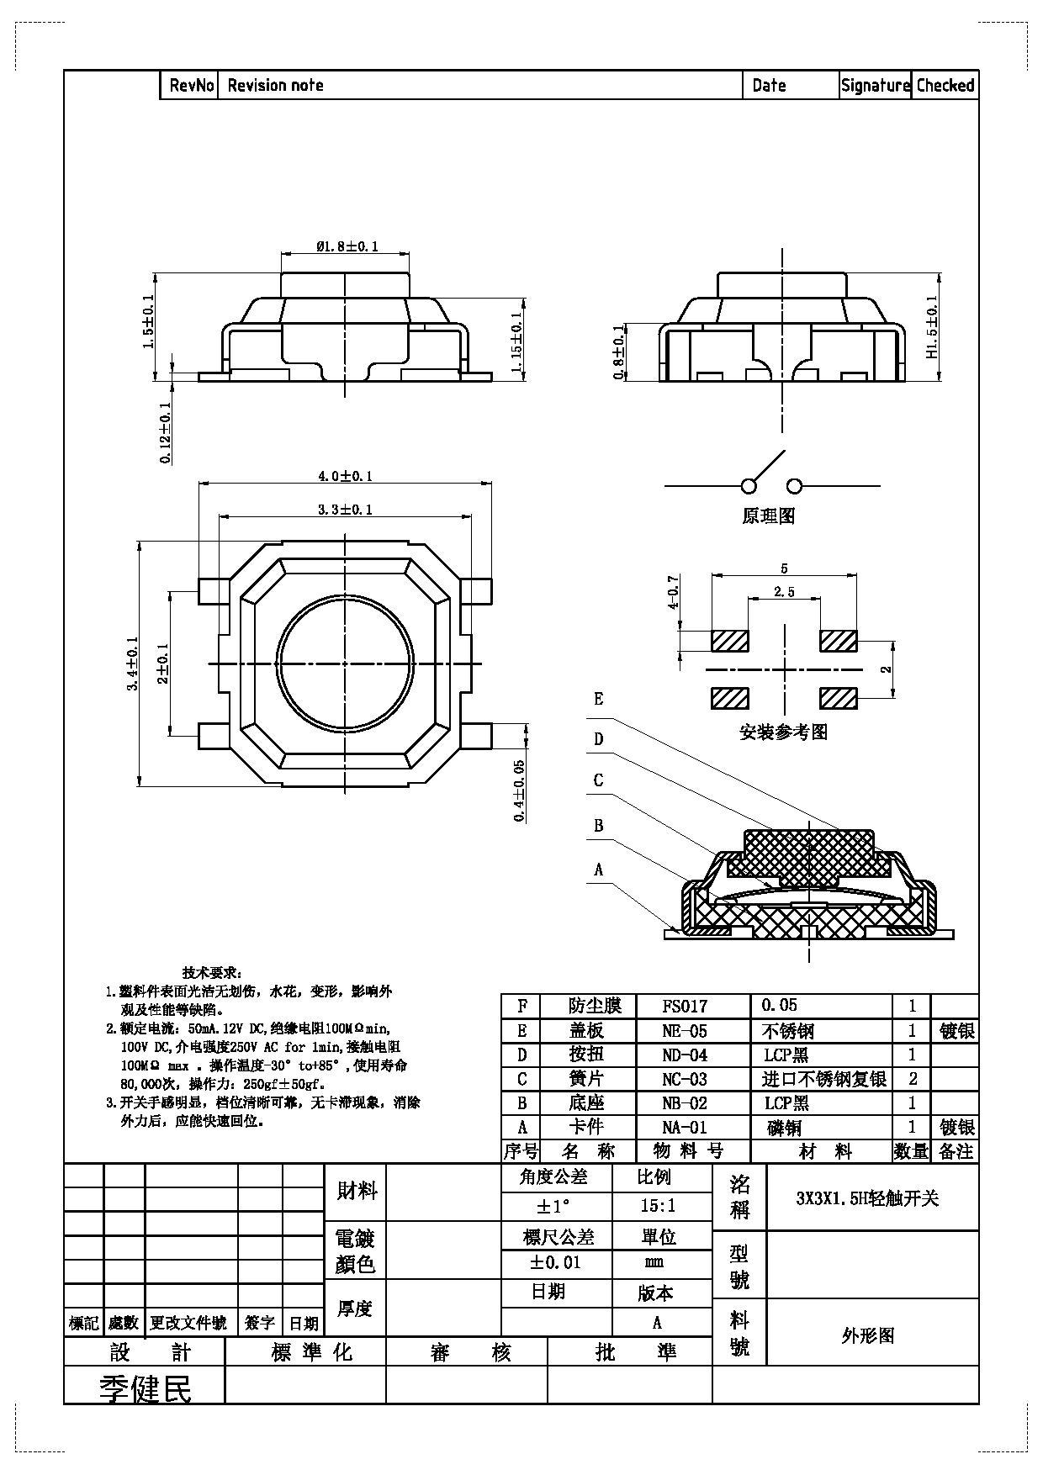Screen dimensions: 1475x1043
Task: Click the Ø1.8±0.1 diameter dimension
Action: [x=347, y=246]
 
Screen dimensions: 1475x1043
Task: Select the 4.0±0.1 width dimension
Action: [x=345, y=476]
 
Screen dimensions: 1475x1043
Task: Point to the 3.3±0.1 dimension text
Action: [x=345, y=510]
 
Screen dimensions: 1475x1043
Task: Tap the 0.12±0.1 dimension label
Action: [x=166, y=432]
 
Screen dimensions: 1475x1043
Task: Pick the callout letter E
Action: [x=599, y=699]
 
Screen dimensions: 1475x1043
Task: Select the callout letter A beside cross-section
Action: [x=599, y=870]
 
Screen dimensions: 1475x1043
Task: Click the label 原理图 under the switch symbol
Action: [x=768, y=516]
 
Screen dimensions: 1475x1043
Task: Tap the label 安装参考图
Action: [x=783, y=732]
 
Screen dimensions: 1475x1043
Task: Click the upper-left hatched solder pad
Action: [x=729, y=641]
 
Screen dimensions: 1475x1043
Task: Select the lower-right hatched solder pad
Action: [x=838, y=698]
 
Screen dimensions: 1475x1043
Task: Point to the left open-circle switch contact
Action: [x=749, y=486]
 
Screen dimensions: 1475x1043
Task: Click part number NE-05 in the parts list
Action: [x=685, y=1031]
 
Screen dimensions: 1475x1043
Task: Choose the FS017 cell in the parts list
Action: [x=685, y=1006]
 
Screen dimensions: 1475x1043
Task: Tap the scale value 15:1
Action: [x=658, y=1206]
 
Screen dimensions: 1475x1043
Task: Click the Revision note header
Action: [x=276, y=85]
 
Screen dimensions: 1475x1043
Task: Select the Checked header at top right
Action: [x=945, y=85]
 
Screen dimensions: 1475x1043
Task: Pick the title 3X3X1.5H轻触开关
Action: [x=867, y=1199]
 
